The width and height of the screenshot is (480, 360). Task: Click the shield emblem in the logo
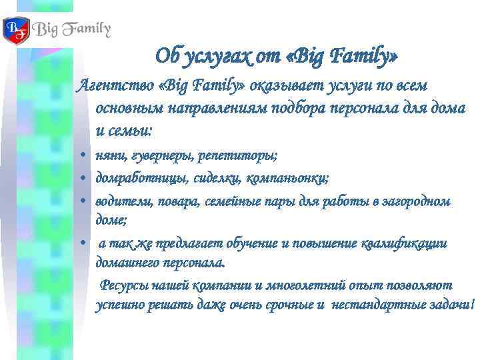(16, 31)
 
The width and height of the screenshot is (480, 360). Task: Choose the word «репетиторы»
(239, 155)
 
